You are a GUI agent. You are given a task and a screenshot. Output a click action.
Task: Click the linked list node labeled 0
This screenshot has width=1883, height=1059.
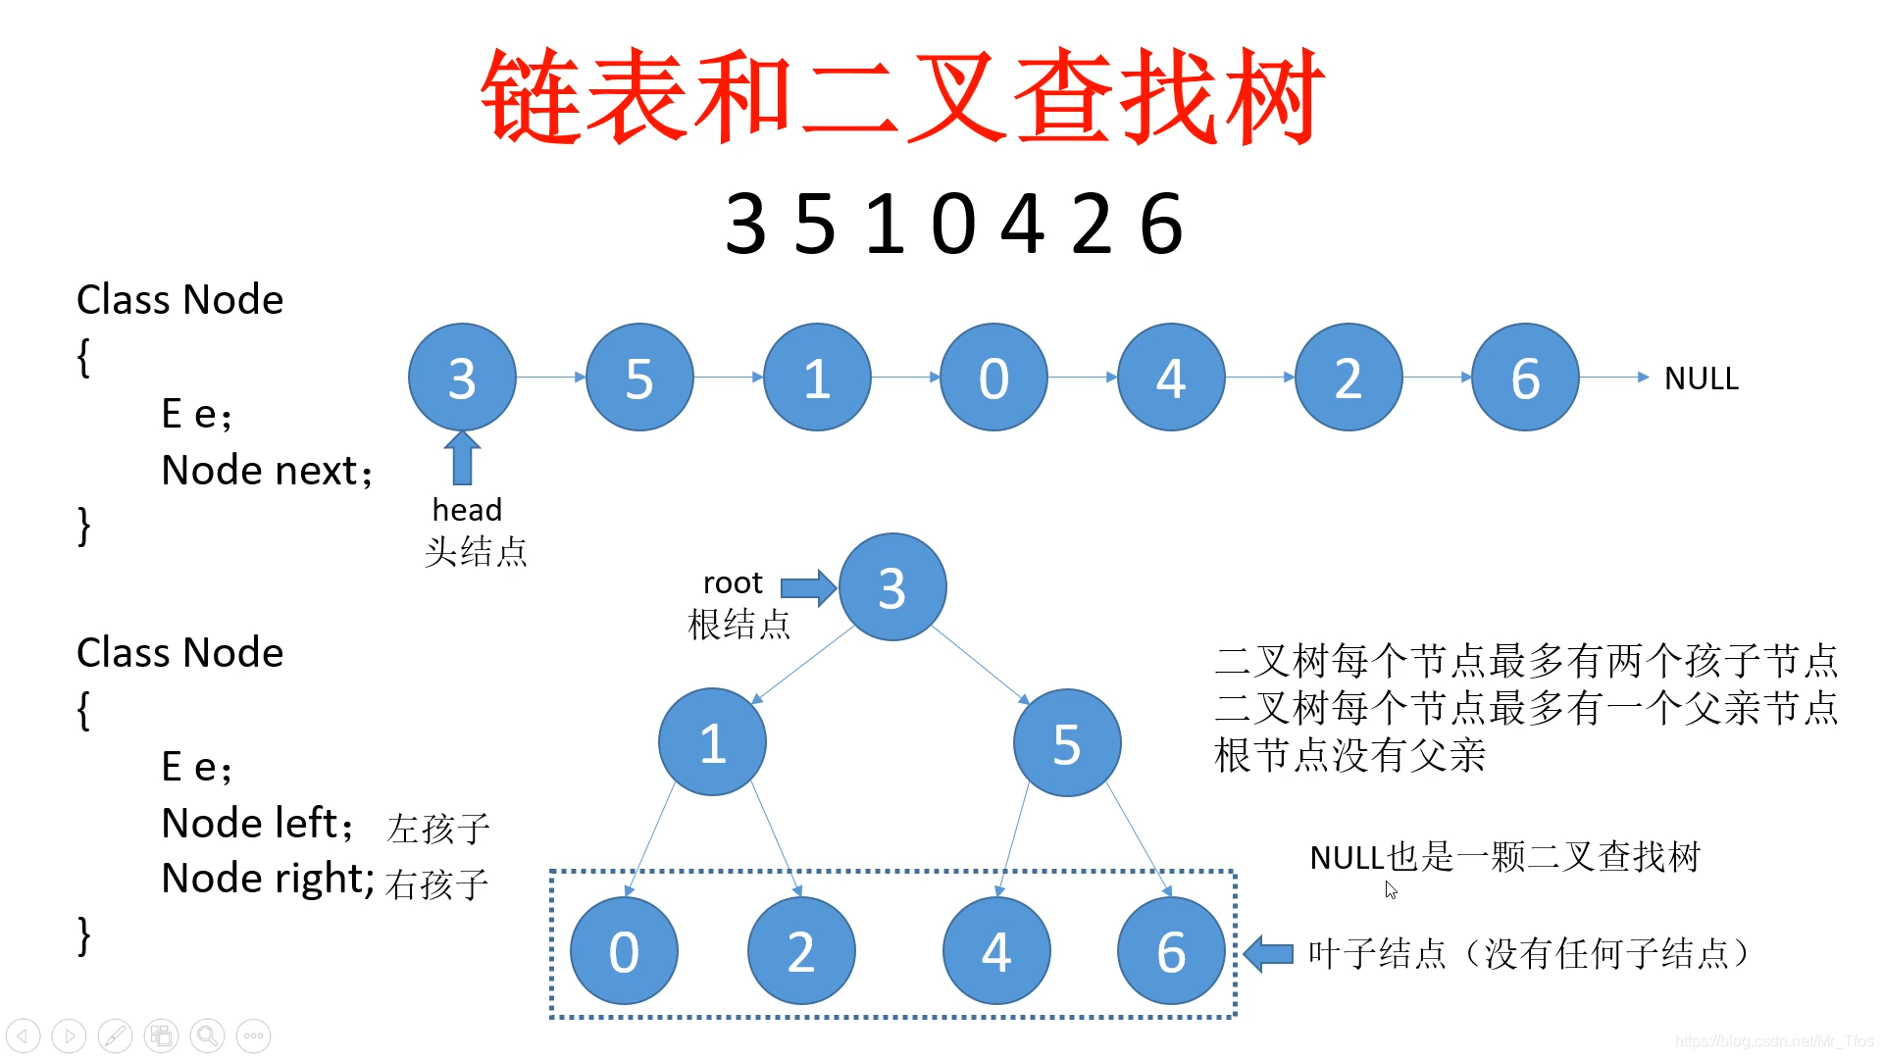point(993,378)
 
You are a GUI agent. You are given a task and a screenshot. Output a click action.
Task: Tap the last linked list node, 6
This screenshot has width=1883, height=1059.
point(1525,378)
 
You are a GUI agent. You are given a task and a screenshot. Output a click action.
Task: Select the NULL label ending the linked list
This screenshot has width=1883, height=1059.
point(1701,378)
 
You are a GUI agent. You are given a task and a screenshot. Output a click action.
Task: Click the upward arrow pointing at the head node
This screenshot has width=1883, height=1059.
point(462,458)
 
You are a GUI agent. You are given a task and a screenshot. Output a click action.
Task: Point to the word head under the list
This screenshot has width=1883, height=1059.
point(467,510)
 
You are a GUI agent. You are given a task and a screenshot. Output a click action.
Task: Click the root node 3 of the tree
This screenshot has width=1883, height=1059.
point(891,587)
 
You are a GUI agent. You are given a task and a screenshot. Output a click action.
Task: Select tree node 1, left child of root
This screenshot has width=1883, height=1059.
point(712,742)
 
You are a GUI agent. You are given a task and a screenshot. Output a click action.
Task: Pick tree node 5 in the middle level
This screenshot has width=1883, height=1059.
point(1066,743)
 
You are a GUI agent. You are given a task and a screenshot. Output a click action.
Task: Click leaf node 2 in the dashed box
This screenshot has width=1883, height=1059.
point(801,951)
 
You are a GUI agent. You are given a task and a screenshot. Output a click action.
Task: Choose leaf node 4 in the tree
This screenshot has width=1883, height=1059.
point(996,951)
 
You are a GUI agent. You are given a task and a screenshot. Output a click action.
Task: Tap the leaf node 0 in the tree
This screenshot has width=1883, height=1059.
point(624,951)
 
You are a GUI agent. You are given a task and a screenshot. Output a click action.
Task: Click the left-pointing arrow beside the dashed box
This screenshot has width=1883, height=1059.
point(1269,953)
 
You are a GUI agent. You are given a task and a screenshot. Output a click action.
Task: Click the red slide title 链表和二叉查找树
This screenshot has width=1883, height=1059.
point(902,96)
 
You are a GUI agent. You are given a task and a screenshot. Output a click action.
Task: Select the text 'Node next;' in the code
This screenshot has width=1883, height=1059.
point(267,471)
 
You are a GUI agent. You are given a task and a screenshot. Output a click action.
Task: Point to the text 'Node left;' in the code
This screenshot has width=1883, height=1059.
point(257,824)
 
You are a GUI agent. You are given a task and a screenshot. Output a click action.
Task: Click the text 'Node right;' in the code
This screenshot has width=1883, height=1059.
point(267,879)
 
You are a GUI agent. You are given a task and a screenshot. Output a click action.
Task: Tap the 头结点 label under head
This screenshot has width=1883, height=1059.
point(476,552)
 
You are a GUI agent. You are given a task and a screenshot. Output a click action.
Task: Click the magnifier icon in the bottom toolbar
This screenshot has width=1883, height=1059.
point(207,1035)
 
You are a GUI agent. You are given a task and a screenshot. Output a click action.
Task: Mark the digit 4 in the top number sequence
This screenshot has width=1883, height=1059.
point(1022,224)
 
